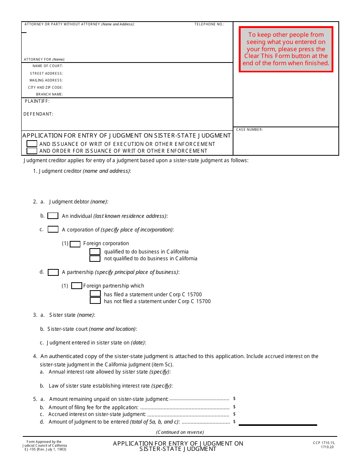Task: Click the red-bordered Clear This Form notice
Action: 286,49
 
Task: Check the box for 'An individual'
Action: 53,216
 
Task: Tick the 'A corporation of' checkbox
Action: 53,230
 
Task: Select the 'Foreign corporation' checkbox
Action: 75,244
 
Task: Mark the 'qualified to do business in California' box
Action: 95,252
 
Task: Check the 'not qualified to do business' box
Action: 95,259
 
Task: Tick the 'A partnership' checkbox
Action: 53,272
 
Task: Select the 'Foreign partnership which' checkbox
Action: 77,286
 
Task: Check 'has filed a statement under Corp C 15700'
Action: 95,294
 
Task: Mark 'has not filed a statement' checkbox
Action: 95,301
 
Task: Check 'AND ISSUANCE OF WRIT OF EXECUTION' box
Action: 32,144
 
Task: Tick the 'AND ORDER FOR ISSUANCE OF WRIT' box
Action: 32,151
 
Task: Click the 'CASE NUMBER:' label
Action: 249,130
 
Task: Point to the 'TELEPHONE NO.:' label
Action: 209,24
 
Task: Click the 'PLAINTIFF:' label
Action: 37,102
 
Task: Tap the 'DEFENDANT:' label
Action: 38,114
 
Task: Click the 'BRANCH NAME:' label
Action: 49,94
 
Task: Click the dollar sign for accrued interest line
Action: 235,414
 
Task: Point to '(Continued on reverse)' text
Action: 180,432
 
